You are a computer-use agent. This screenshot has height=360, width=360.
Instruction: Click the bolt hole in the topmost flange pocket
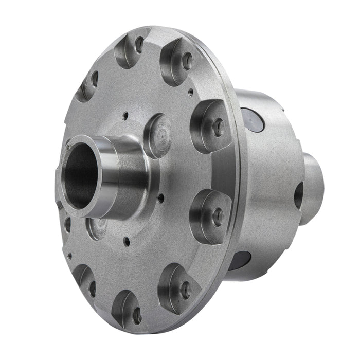click(x=138, y=45)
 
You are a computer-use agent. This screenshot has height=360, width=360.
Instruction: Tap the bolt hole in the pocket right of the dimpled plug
click(x=218, y=127)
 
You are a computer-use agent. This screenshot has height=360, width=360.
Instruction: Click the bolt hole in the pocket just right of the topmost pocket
click(x=188, y=61)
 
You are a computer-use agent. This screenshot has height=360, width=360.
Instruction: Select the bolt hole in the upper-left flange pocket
click(x=95, y=78)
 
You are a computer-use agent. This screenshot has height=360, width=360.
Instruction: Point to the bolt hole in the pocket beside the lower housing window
click(x=218, y=217)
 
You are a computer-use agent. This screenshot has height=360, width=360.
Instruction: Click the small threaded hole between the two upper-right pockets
click(x=191, y=93)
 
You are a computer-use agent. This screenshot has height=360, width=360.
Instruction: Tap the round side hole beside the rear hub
click(x=298, y=196)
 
